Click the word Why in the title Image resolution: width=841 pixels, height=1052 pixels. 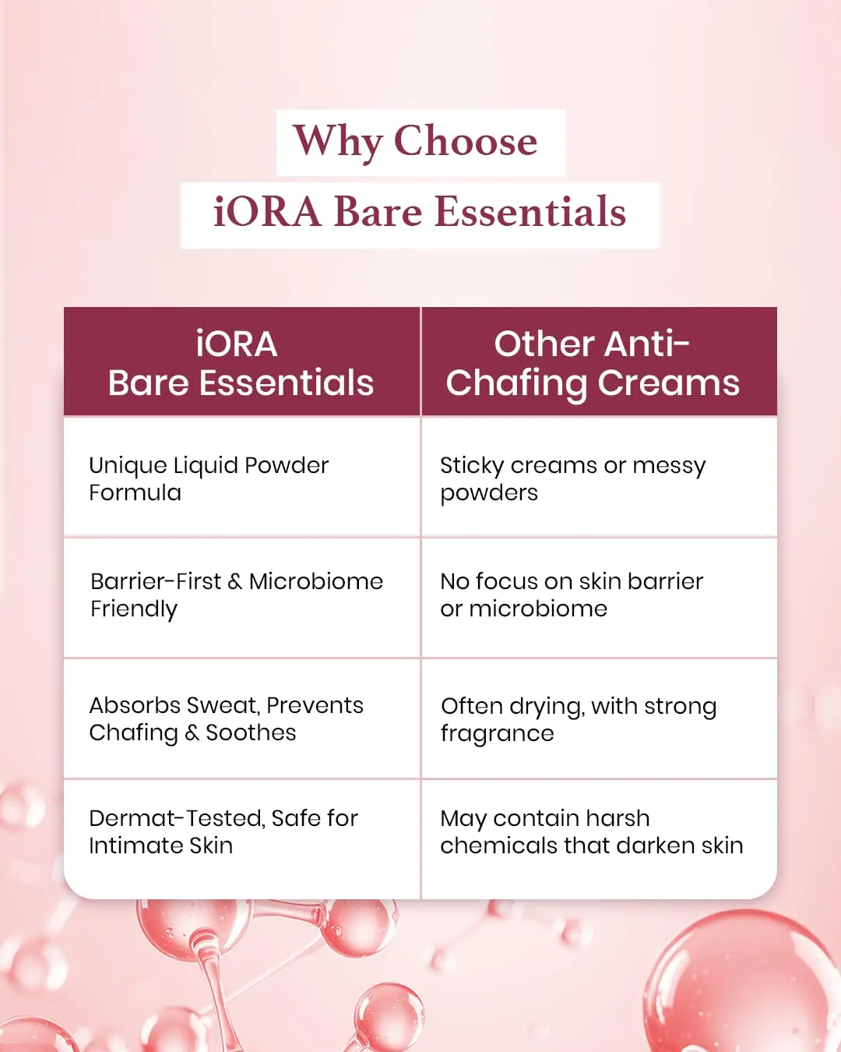(x=338, y=142)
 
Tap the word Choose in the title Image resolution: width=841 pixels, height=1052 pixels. (x=465, y=142)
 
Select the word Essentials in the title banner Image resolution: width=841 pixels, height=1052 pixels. (x=530, y=212)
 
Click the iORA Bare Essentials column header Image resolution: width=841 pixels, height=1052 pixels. (x=241, y=363)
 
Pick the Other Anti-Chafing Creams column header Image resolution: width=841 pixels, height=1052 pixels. (x=593, y=363)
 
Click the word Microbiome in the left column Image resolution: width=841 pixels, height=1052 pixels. (x=315, y=581)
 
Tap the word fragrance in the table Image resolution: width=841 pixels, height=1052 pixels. (x=497, y=734)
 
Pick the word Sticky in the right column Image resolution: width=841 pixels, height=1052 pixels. (x=472, y=466)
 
